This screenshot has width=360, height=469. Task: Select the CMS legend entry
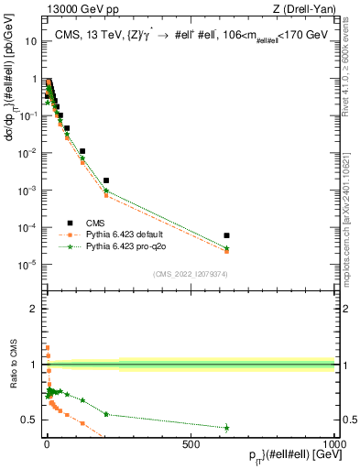[x=93, y=223]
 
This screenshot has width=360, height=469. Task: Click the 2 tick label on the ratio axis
[x=37, y=308]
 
